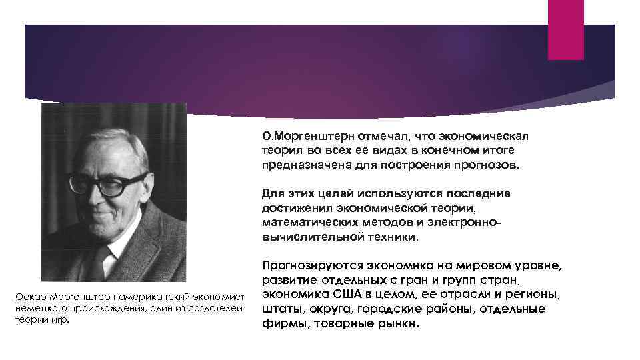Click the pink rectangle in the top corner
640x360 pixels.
point(565,29)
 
